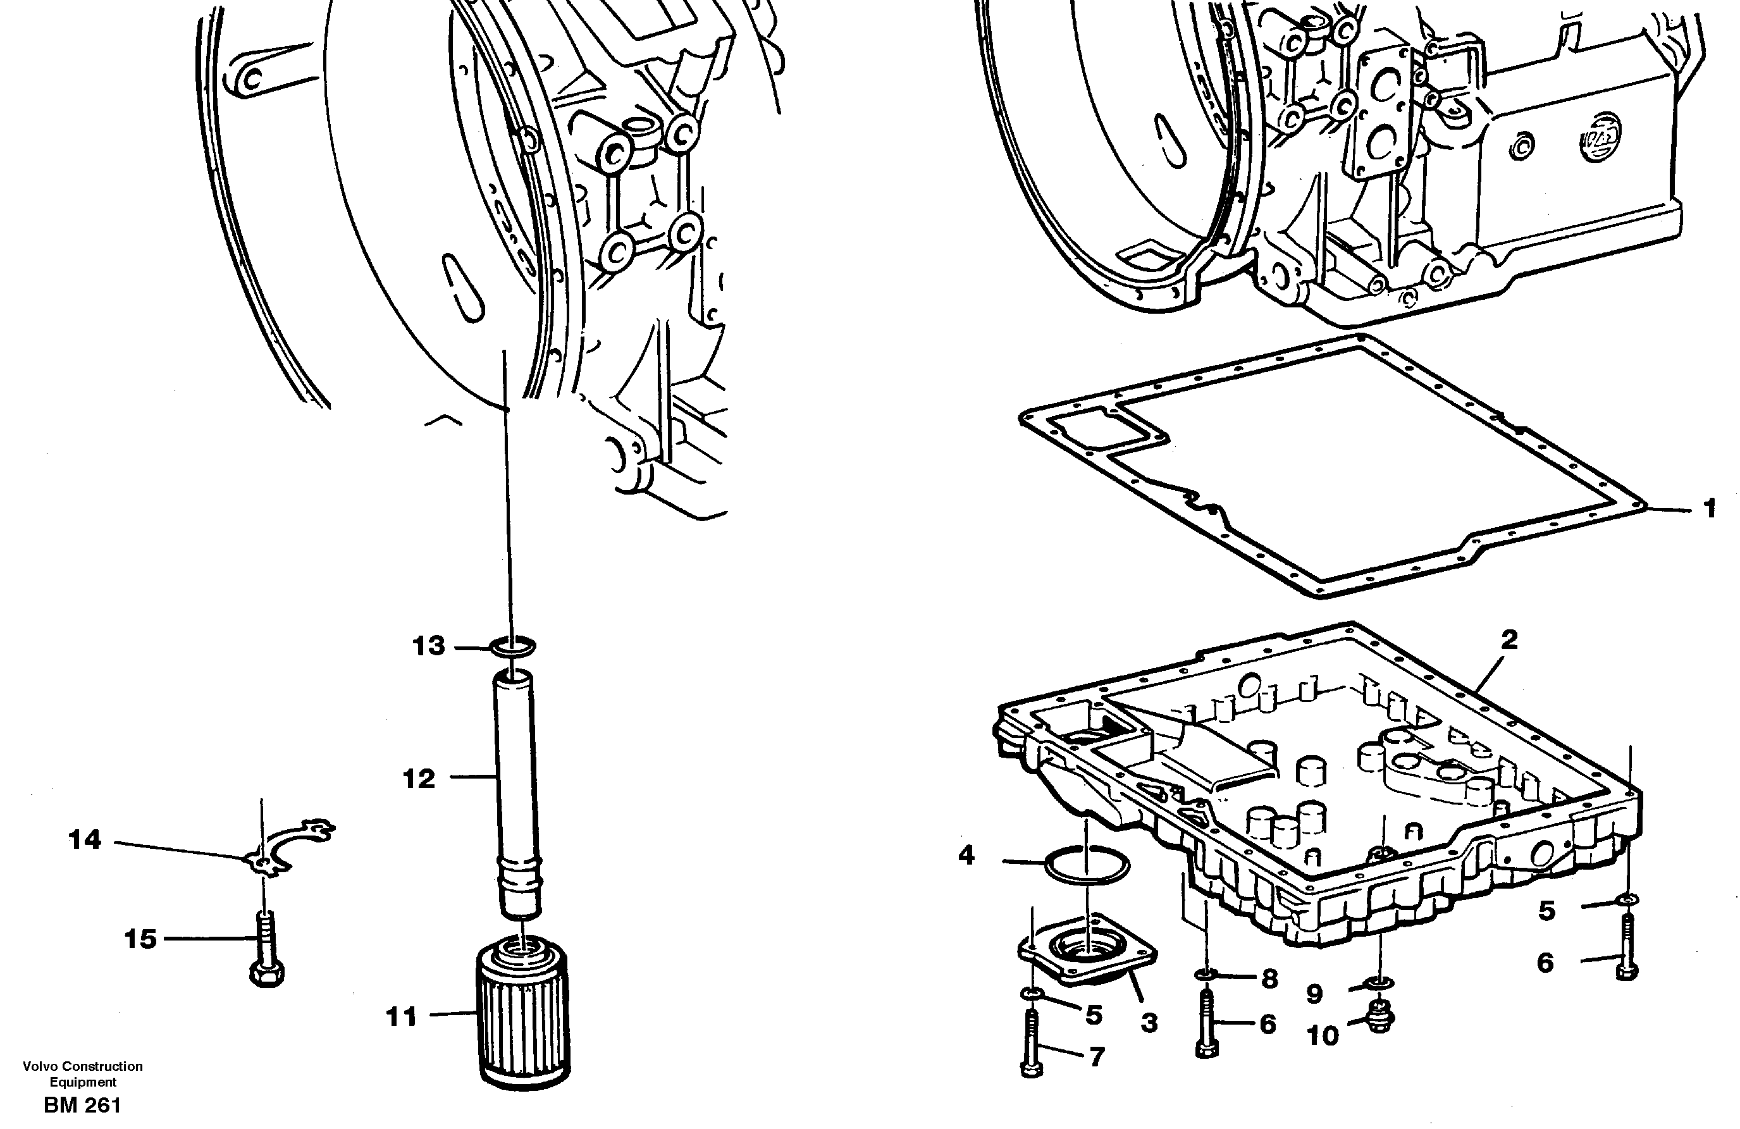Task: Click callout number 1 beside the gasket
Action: (1709, 507)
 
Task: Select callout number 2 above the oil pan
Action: (1509, 641)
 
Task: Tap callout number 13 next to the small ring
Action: (428, 646)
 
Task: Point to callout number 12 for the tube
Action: (419, 779)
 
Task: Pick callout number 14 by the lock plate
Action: (85, 840)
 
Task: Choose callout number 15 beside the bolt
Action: (140, 939)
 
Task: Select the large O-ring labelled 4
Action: (1087, 866)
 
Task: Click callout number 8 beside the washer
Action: (1269, 978)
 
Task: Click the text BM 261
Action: (82, 1106)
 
